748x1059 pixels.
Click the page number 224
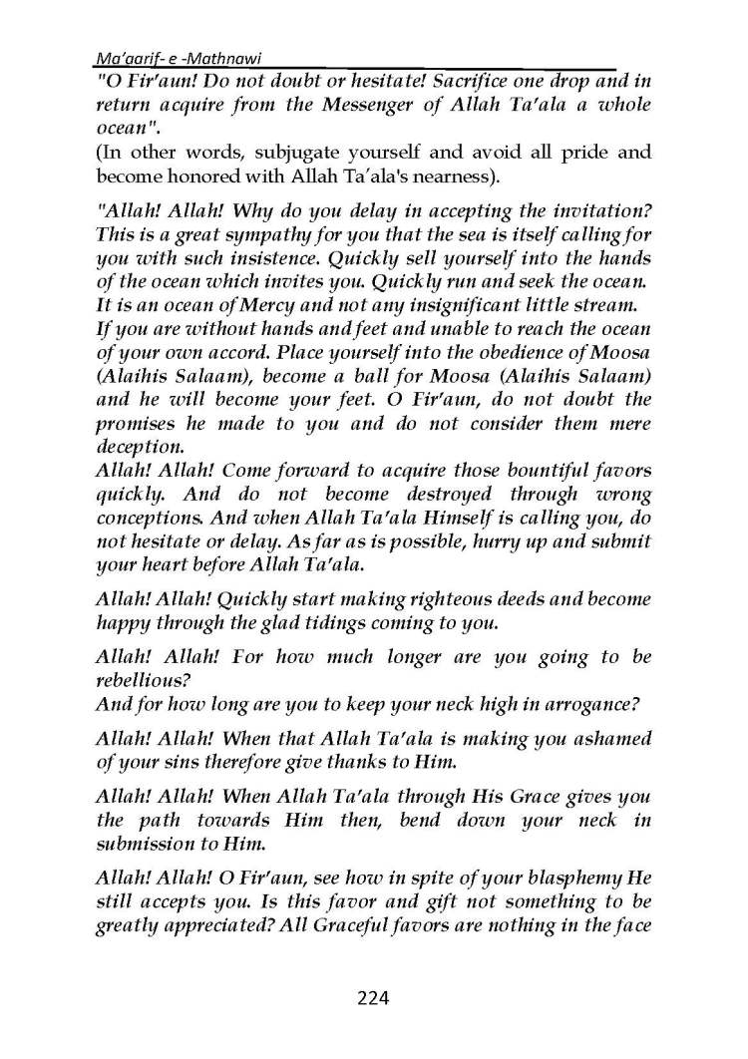tap(373, 998)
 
